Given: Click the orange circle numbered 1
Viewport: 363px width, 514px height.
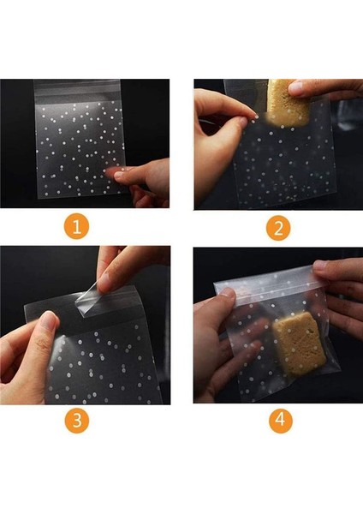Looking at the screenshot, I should (x=77, y=229).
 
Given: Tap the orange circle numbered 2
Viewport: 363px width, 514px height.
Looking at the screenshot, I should (x=278, y=229).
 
